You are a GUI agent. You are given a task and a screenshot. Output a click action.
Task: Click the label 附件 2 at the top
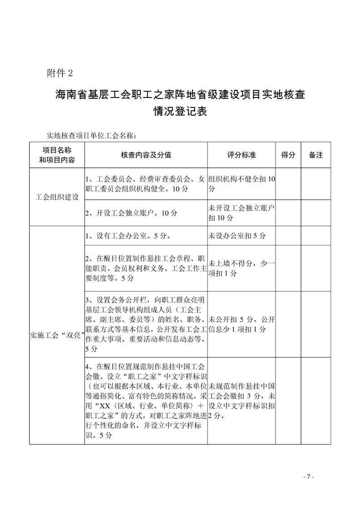click(59, 73)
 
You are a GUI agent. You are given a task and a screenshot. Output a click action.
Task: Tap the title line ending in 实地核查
click(180, 95)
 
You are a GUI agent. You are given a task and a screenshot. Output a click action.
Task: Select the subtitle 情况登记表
click(180, 112)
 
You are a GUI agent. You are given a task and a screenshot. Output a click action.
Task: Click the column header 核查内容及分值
click(146, 155)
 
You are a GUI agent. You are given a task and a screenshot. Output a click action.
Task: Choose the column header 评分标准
click(241, 155)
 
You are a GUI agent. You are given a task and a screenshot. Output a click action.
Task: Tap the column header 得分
click(288, 155)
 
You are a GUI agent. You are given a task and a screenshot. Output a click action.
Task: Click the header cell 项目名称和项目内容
click(57, 155)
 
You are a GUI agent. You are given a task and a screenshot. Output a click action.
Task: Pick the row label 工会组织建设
click(57, 197)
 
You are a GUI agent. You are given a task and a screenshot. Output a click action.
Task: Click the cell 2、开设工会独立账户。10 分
click(131, 213)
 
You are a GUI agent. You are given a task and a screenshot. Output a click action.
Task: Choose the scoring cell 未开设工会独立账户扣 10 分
click(241, 213)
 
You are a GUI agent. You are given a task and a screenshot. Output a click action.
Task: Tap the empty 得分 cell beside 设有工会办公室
click(288, 236)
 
